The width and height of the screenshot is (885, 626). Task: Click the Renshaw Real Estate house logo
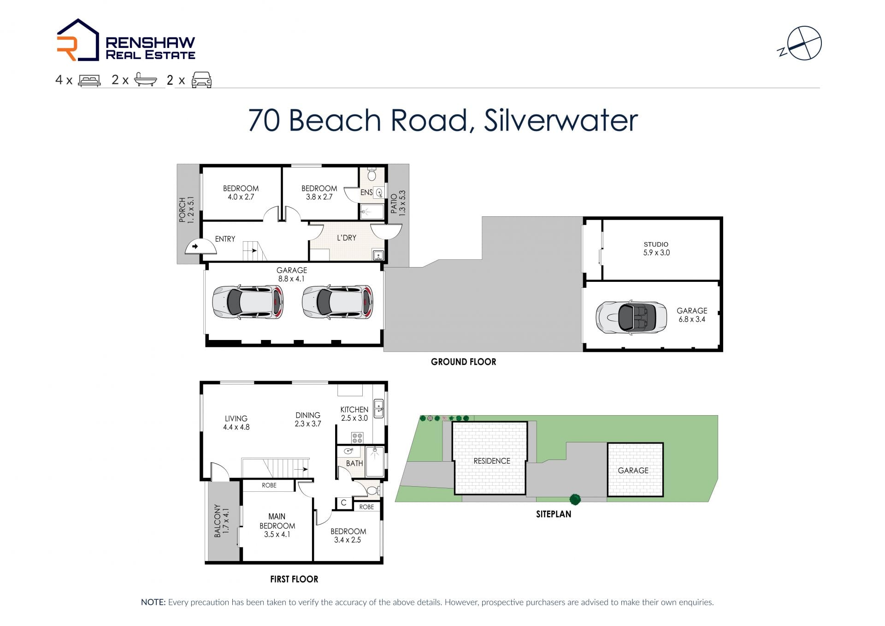(x=77, y=40)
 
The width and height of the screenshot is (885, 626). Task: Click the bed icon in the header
(x=89, y=80)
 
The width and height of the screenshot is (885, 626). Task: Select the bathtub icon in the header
(x=146, y=80)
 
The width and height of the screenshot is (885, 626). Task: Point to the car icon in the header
(x=201, y=80)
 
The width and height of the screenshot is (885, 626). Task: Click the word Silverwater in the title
(x=560, y=120)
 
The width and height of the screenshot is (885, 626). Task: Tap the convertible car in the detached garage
(x=631, y=317)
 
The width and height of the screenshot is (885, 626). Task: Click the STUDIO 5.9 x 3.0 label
(x=656, y=249)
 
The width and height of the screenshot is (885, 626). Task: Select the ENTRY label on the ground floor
(x=225, y=239)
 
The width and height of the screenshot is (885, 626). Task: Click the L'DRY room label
(x=347, y=238)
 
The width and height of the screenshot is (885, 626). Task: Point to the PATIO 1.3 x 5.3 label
(x=398, y=203)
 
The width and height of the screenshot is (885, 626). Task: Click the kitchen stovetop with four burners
(x=357, y=438)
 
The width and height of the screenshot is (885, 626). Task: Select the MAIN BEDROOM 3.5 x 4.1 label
(x=277, y=525)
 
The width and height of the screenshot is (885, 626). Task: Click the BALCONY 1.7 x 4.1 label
(x=221, y=521)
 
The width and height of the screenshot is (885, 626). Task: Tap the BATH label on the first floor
(x=354, y=463)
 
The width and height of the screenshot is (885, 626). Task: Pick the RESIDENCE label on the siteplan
(x=492, y=461)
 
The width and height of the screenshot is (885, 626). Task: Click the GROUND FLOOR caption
(x=464, y=362)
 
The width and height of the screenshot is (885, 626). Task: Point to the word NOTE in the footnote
(x=153, y=602)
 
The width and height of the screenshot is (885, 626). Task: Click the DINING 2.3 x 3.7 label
(x=308, y=419)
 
